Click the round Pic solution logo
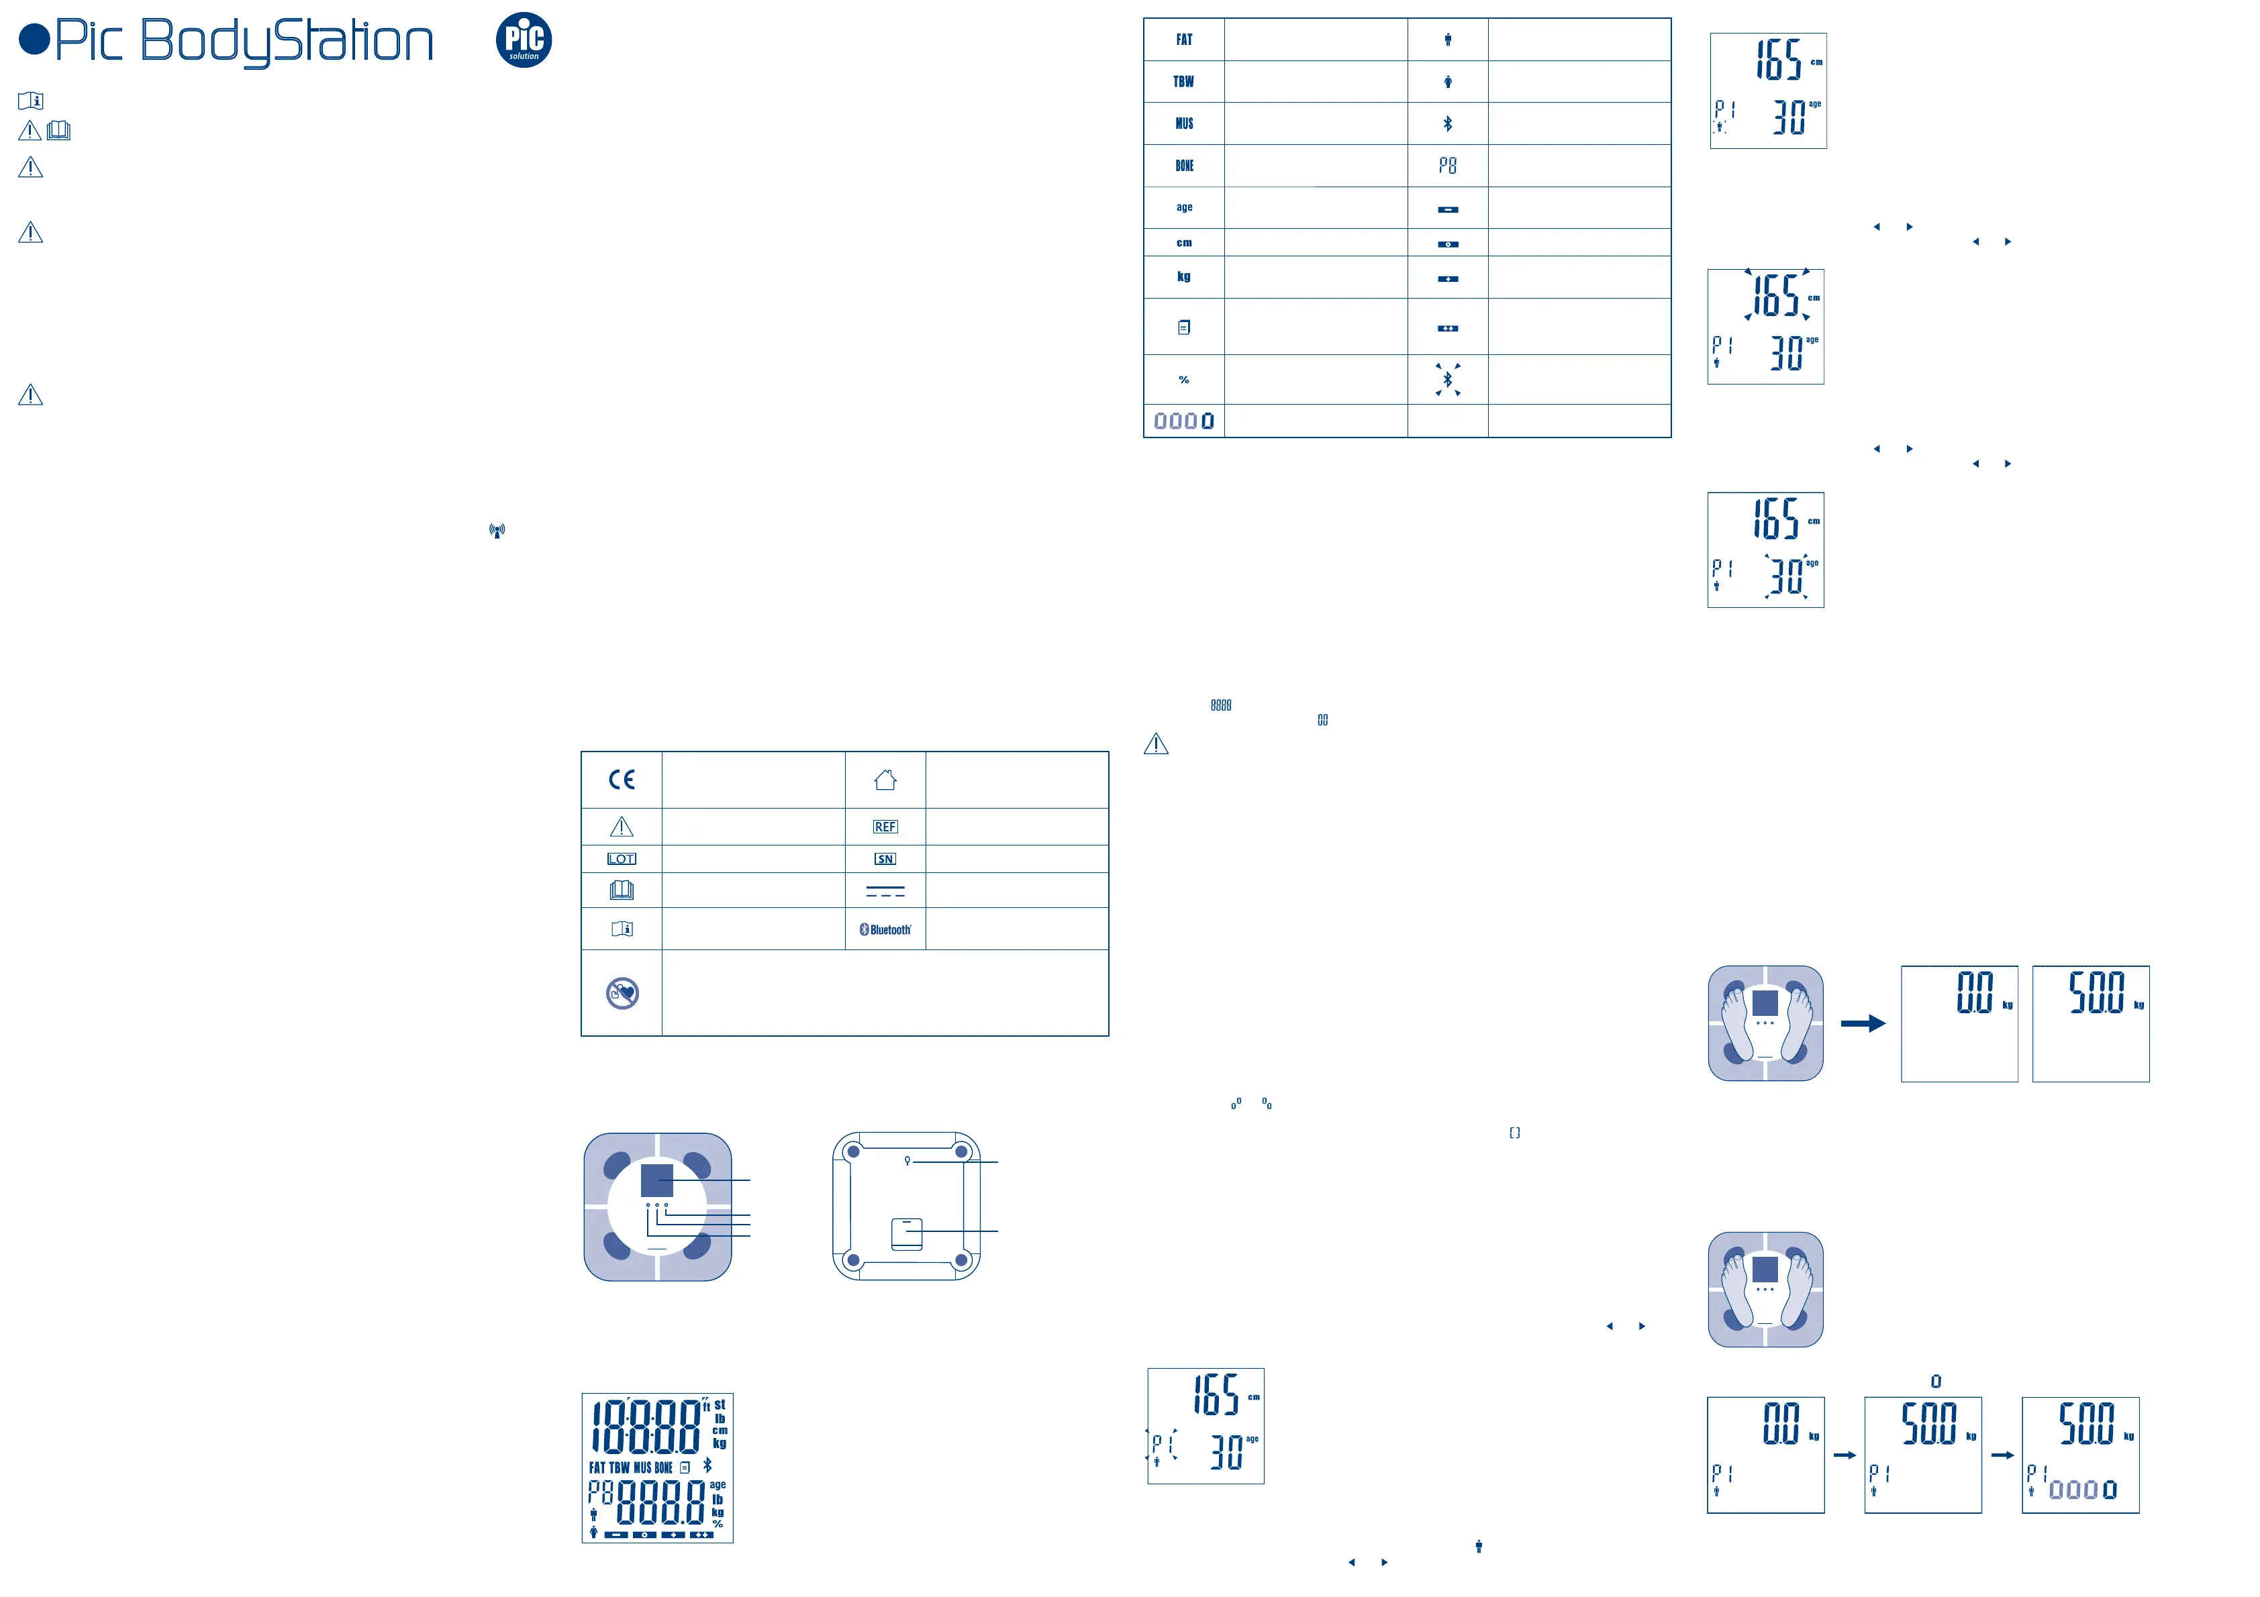click(524, 40)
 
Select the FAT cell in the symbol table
click(1183, 40)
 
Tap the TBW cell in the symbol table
click(1183, 82)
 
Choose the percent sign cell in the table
click(1183, 380)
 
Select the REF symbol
click(885, 827)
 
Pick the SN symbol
click(885, 859)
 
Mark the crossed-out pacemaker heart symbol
click(622, 994)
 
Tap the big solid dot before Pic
click(34, 40)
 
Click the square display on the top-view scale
click(656, 1180)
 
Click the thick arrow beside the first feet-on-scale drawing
click(1863, 1023)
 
